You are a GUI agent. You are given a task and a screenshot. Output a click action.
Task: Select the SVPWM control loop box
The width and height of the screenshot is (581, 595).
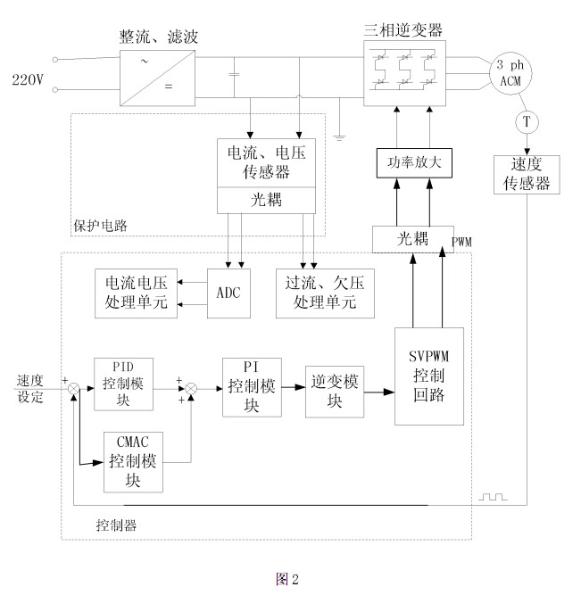[430, 376]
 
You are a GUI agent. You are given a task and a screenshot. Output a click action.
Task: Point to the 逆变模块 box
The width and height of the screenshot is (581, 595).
[334, 391]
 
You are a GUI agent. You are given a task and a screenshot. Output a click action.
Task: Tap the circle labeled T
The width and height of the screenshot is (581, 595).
[526, 120]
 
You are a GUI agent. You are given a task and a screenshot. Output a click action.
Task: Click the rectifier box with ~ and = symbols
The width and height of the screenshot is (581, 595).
[157, 74]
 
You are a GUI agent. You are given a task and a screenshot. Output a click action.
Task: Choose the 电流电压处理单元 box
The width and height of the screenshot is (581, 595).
[136, 292]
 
